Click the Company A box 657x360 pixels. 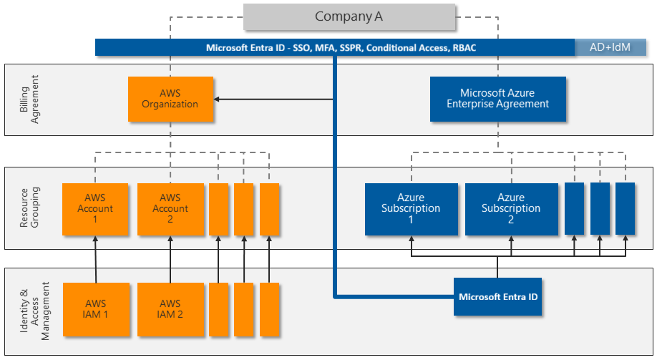(x=349, y=16)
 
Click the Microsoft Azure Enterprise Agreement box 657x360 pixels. (x=497, y=98)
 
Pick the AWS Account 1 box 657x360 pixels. (x=95, y=209)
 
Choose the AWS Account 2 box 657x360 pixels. (x=170, y=209)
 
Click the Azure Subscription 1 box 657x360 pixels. (x=411, y=209)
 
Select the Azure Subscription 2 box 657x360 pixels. (x=511, y=209)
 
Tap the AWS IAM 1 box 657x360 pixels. (x=95, y=309)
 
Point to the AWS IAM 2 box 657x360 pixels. (x=170, y=309)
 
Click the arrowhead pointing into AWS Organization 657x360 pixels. (x=218, y=99)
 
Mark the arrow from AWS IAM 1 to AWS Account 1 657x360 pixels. (x=95, y=259)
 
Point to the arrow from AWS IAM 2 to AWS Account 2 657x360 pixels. (x=170, y=259)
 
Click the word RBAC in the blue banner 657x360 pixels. (x=463, y=48)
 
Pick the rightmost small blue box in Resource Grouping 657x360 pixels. (x=626, y=208)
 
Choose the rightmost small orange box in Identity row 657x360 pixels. (x=269, y=309)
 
